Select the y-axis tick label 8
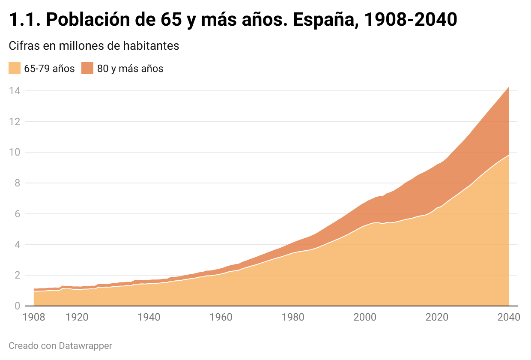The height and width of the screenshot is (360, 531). [17, 183]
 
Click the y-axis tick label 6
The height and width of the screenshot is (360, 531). [17, 214]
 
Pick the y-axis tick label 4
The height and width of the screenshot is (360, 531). [17, 245]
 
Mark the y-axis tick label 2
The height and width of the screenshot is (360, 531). [17, 276]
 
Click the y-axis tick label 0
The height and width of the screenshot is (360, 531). [17, 306]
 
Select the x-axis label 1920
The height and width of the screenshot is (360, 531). [77, 318]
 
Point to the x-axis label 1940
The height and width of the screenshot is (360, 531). [149, 318]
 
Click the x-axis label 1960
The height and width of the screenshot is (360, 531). [221, 318]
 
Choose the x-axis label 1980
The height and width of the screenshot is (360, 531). [293, 318]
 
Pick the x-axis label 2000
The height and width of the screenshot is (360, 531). [365, 318]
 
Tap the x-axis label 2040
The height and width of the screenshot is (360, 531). [509, 318]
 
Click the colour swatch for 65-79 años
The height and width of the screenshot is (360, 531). [15, 68]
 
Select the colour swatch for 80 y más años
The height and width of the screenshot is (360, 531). [87, 68]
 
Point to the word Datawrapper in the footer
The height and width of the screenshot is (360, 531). [85, 345]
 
